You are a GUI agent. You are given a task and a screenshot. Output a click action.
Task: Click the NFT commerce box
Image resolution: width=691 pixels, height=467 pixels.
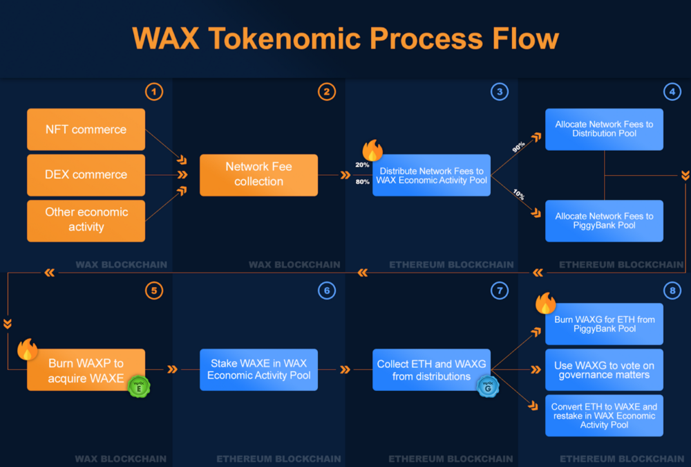coord(86,129)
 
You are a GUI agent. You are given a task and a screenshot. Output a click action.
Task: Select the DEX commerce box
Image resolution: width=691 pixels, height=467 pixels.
coord(86,175)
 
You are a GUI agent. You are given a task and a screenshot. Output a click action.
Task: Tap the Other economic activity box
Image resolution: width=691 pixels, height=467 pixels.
coord(86,220)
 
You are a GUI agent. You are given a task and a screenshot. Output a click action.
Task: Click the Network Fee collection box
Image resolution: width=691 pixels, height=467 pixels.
coord(258,174)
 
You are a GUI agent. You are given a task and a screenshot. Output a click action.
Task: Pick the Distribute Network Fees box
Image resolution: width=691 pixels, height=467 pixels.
coord(432,176)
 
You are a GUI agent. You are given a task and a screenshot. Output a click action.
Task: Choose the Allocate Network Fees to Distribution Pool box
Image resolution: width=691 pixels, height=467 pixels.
coord(604,129)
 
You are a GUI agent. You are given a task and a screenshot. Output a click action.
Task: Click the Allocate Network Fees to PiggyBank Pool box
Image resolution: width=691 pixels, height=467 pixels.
coord(604,221)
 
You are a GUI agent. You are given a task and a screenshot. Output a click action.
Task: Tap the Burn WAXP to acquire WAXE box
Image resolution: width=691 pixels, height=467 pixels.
coord(86,370)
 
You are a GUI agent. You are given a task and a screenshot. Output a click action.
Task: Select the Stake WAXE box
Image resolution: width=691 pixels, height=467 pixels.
coord(258,369)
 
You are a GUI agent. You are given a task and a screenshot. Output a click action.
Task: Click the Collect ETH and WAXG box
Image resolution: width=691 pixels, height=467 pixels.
coord(431,369)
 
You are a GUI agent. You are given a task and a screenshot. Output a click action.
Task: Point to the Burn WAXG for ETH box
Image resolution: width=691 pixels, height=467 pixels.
coord(604,324)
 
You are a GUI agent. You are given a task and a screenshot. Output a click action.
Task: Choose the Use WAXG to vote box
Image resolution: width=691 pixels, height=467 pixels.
coord(604,369)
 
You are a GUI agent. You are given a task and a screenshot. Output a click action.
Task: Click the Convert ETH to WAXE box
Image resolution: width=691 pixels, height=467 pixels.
coord(604,415)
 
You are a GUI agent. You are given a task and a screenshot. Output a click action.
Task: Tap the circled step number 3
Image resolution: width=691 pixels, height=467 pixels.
coord(500,91)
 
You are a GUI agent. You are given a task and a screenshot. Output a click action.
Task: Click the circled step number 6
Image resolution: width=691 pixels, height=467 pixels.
coord(327,291)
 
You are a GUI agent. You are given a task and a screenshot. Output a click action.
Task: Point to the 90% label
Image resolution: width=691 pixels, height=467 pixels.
coord(518,147)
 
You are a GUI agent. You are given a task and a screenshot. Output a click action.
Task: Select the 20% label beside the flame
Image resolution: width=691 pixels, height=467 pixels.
coord(362,165)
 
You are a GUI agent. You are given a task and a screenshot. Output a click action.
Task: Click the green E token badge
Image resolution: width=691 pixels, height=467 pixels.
coord(139,385)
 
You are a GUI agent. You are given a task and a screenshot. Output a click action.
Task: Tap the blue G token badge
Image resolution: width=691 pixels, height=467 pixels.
coord(487,385)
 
